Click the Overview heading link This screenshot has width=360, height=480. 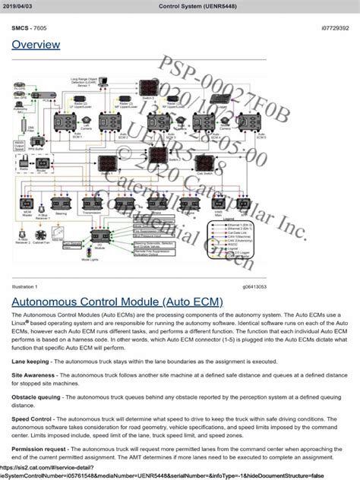(35, 46)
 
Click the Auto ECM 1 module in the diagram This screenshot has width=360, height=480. (64, 122)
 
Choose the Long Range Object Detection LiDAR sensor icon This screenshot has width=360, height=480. (103, 81)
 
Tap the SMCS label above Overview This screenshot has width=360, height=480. (21, 27)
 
